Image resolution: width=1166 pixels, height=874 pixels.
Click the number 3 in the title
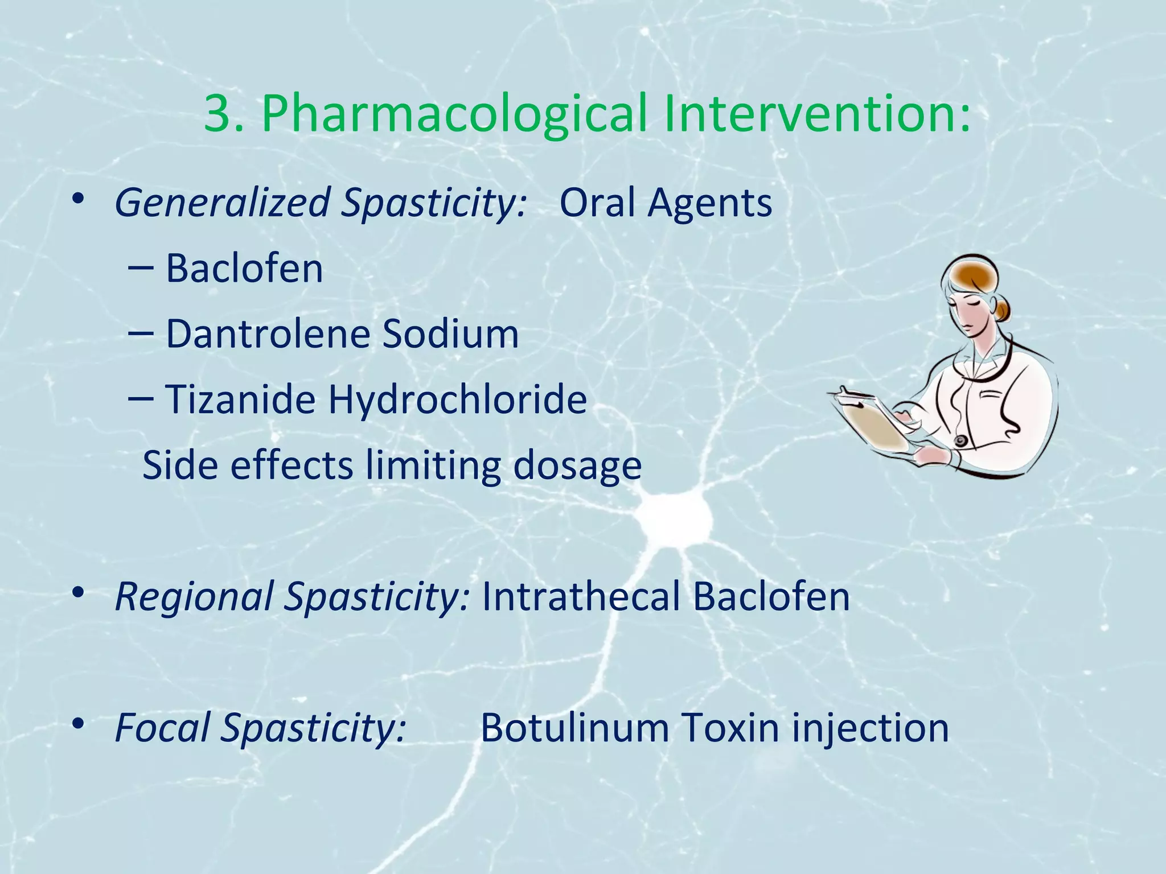pos(217,114)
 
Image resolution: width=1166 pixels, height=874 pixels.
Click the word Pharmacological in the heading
pos(454,114)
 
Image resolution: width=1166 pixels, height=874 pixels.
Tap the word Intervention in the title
pos(808,114)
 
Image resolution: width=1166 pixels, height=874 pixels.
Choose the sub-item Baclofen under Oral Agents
pos(244,269)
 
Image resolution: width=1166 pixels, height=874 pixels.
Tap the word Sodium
pos(450,334)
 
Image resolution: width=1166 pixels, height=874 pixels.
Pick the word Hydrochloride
pos(457,399)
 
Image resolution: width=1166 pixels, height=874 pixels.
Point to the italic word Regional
pos(194,597)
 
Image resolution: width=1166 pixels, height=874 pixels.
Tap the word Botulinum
pos(574,728)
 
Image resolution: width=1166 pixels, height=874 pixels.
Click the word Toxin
pos(730,728)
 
